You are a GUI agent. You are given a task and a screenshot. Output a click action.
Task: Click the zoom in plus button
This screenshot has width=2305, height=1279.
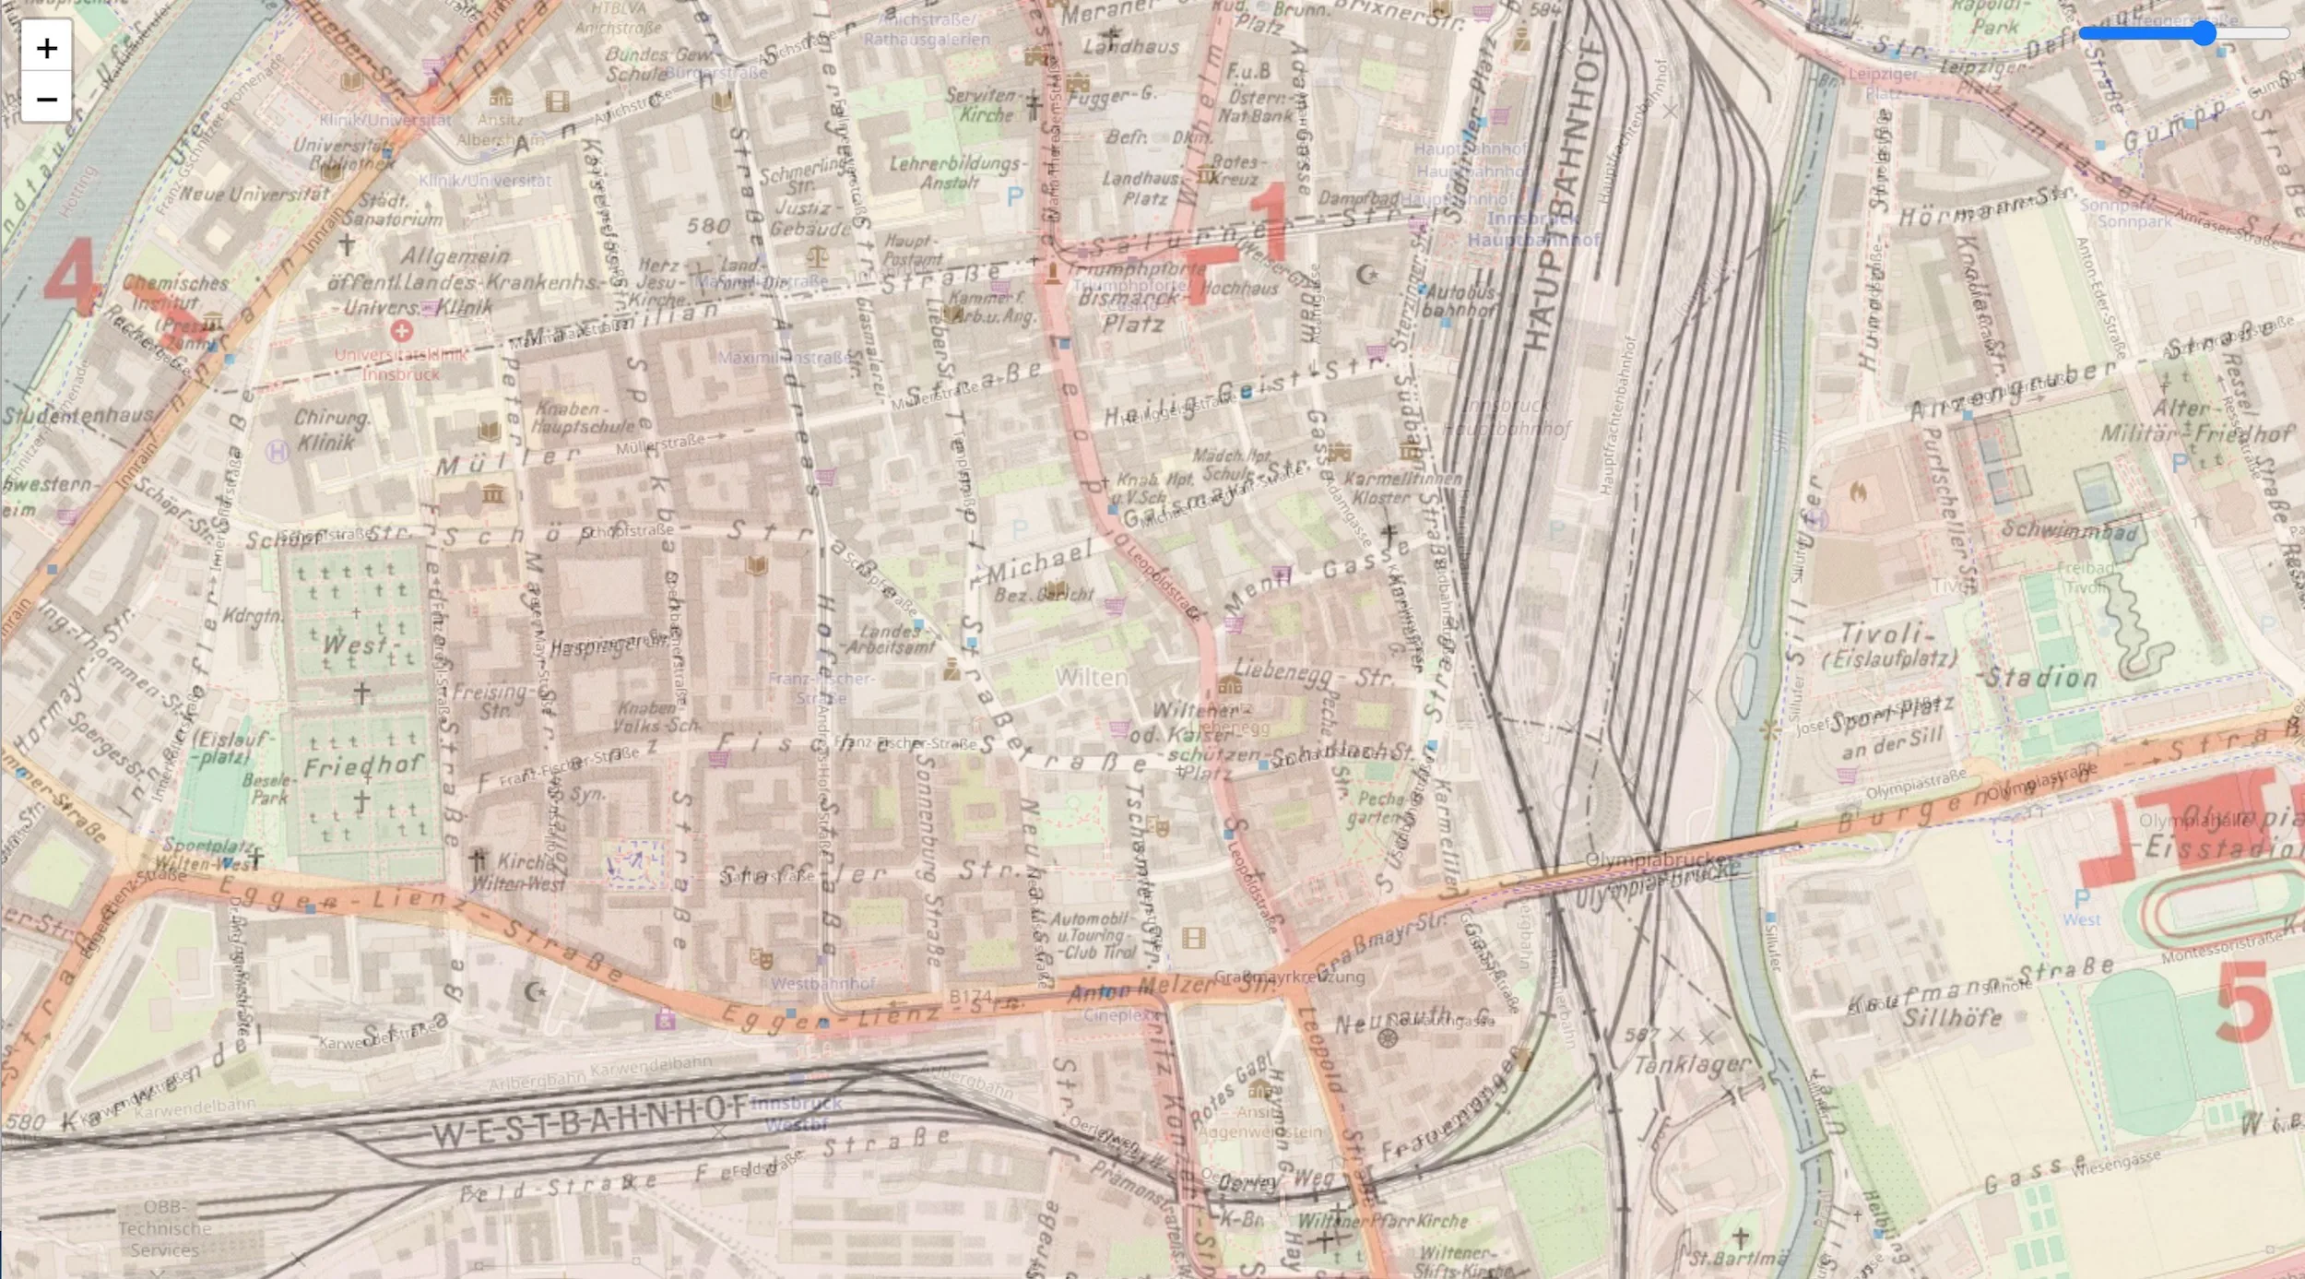pos(46,47)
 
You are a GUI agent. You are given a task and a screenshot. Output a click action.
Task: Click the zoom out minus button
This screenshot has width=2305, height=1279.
pos(46,99)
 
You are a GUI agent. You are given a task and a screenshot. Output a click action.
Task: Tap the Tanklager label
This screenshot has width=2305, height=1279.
pos(1691,1065)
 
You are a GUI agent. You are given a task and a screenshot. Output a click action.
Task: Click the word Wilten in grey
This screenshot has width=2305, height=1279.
pos(1091,678)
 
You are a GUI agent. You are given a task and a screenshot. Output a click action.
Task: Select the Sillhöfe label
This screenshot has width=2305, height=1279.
pos(1952,1018)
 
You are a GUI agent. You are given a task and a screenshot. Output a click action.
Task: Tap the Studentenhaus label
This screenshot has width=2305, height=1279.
pos(77,415)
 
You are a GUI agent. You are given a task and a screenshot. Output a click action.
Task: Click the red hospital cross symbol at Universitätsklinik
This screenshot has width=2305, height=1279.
pos(401,330)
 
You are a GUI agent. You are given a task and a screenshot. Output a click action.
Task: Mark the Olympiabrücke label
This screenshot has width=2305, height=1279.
pos(1656,859)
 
